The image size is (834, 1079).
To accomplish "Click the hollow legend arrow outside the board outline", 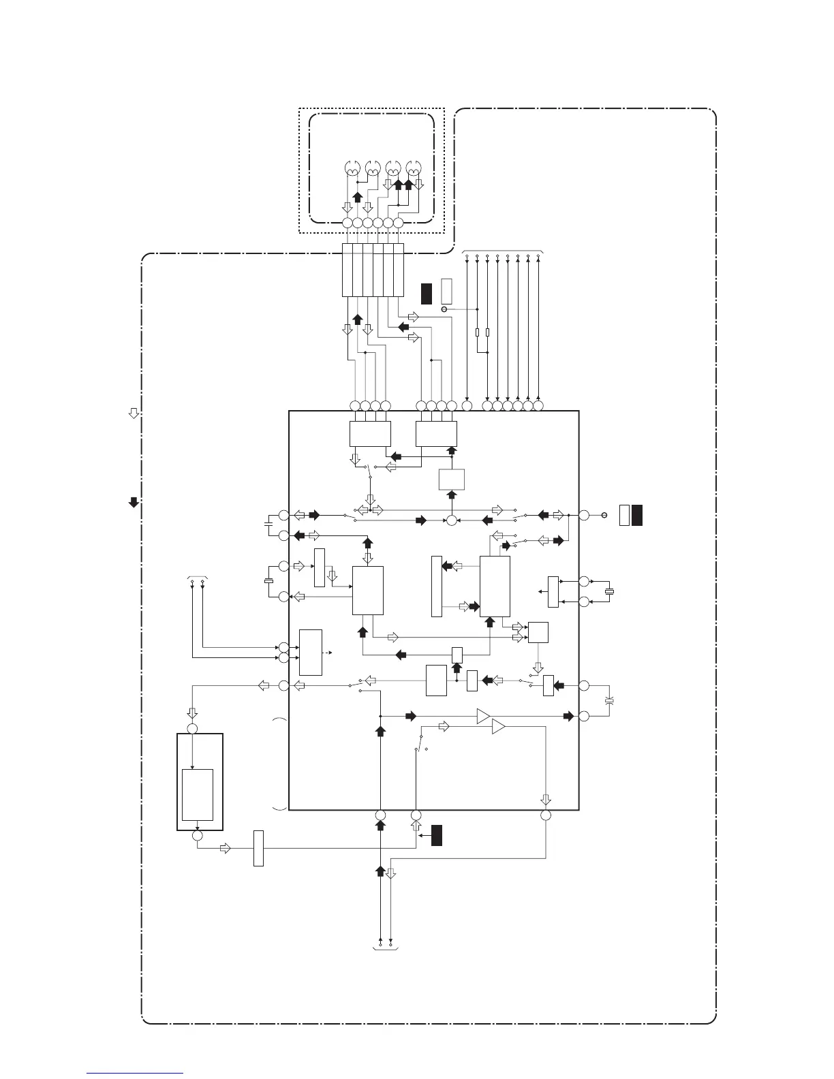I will [134, 413].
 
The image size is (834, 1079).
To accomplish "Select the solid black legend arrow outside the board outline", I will [134, 503].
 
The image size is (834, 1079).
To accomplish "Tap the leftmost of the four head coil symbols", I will [352, 168].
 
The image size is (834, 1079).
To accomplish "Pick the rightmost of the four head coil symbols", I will [413, 168].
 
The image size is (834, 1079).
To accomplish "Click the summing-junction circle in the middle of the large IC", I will [451, 520].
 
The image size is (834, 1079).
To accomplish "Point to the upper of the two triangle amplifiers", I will [483, 716].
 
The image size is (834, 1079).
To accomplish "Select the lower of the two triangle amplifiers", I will [498, 728].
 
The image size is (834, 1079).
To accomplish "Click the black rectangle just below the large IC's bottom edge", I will [437, 835].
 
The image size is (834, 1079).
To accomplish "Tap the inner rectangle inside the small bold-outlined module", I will [198, 795].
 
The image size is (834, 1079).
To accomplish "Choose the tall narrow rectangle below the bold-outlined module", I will [258, 848].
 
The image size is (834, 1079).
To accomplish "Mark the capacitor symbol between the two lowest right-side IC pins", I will [609, 700].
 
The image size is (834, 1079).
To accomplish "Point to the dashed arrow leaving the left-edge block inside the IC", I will [328, 653].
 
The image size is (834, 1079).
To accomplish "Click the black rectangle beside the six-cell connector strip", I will [427, 292].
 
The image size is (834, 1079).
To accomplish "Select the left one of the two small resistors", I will [478, 332].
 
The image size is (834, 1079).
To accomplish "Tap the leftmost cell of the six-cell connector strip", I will [347, 270].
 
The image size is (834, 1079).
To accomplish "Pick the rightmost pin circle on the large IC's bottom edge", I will [546, 815].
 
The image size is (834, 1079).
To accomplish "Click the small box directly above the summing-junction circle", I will [452, 480].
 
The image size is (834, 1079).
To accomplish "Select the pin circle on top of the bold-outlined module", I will [193, 729].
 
